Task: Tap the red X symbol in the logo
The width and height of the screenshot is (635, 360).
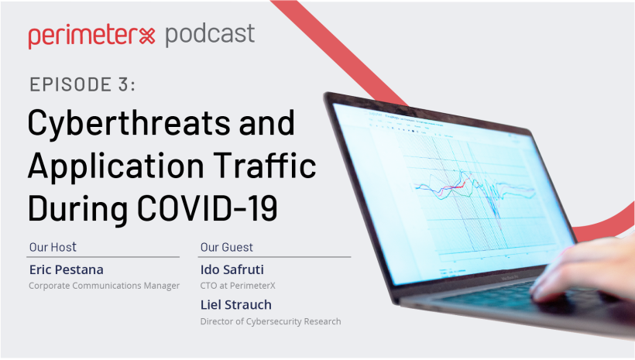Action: [147, 36]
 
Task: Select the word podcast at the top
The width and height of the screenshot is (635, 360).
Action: [210, 35]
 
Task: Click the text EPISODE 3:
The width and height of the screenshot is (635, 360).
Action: [82, 84]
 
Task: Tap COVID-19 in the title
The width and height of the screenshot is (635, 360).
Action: [208, 207]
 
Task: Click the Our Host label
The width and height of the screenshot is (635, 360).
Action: [53, 247]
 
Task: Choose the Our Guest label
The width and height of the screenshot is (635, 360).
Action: [226, 247]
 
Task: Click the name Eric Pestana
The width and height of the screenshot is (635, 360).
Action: [67, 269]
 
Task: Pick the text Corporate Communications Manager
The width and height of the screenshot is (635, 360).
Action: [104, 286]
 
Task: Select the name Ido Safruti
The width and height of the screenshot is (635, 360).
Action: [232, 269]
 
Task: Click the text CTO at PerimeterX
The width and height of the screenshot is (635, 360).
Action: [238, 286]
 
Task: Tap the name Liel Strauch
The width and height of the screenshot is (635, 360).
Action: [236, 305]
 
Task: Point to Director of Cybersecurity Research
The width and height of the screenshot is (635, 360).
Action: [270, 321]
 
